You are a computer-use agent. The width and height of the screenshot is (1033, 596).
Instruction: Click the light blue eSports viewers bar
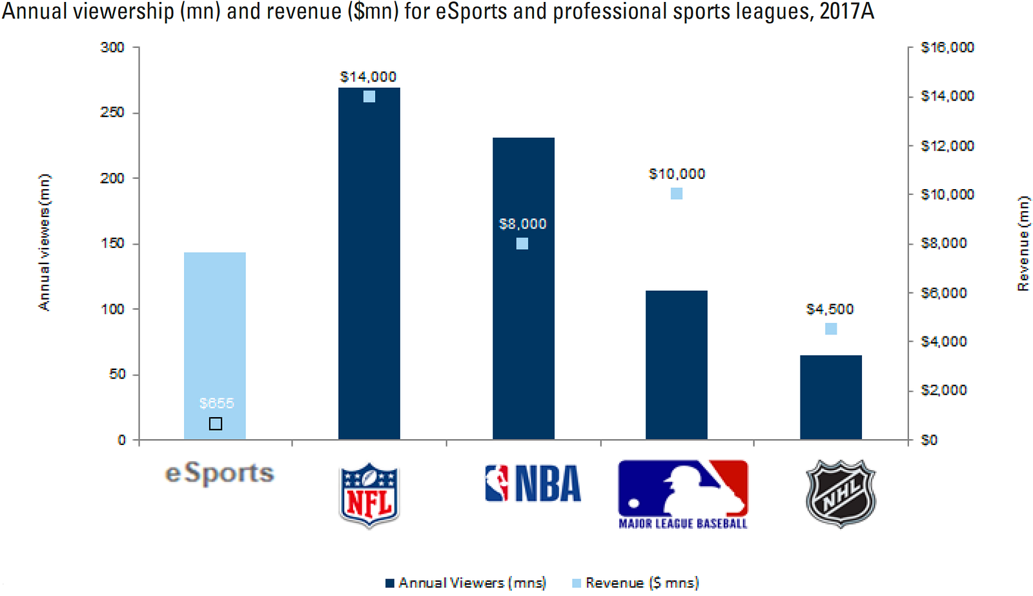click(x=214, y=336)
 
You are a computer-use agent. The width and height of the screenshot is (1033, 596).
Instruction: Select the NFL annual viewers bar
click(x=369, y=271)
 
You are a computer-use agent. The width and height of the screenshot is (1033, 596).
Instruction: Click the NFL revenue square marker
click(x=369, y=97)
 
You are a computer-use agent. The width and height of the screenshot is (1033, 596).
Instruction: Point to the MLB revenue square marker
click(x=676, y=194)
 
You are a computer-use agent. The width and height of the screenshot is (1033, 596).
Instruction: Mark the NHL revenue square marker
click(x=831, y=329)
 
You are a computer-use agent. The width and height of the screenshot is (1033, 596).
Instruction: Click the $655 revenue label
click(x=216, y=404)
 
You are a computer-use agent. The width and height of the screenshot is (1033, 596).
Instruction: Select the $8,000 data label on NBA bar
click(x=522, y=224)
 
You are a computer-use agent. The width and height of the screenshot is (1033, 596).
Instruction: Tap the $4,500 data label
click(x=830, y=309)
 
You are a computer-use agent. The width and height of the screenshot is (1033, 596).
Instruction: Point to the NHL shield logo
click(x=840, y=494)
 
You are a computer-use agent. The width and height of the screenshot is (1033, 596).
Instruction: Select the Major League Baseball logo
click(x=682, y=494)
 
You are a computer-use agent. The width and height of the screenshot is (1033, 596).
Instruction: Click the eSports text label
click(x=220, y=473)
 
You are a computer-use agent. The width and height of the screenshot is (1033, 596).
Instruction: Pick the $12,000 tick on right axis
click(x=946, y=145)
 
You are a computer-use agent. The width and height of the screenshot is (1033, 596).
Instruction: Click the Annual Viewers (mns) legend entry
click(x=465, y=583)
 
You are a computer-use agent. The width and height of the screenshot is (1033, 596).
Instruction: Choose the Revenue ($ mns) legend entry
click(x=635, y=583)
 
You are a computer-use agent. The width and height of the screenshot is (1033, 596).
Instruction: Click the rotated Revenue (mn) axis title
click(x=1023, y=244)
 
